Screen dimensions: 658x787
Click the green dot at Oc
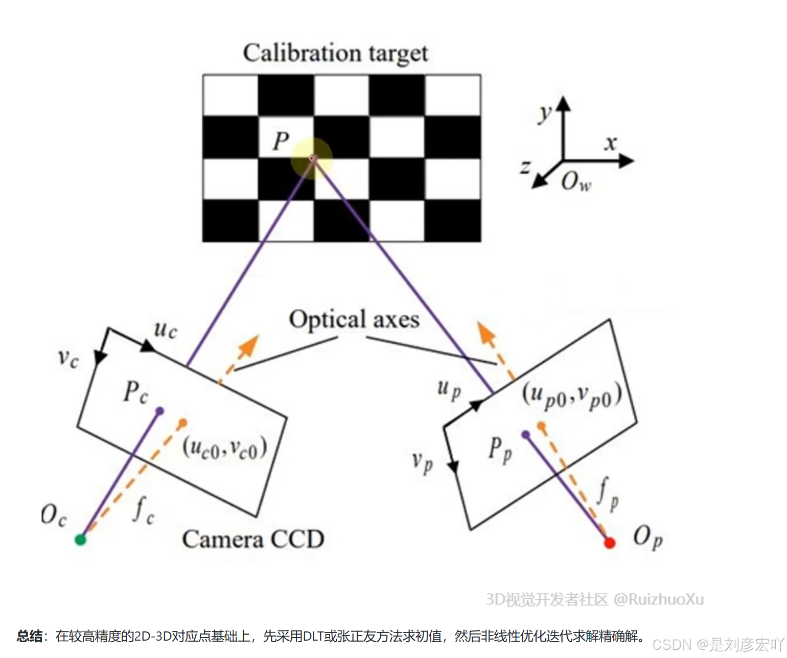click(80, 539)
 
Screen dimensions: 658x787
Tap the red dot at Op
click(609, 543)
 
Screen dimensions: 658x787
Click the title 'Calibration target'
click(335, 54)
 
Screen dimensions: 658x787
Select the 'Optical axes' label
click(354, 320)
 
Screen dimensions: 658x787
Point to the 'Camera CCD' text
click(253, 539)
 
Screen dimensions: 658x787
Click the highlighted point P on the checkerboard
click(312, 158)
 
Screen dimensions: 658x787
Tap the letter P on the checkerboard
click(281, 141)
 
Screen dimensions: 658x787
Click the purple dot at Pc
click(160, 411)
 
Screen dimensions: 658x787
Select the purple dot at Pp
click(525, 435)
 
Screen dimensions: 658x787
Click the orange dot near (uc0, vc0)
click(183, 422)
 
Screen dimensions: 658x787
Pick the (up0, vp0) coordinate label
click(572, 396)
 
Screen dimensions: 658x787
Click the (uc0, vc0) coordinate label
click(225, 449)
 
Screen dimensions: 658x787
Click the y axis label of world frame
click(545, 114)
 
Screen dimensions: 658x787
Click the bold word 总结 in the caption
click(30, 636)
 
